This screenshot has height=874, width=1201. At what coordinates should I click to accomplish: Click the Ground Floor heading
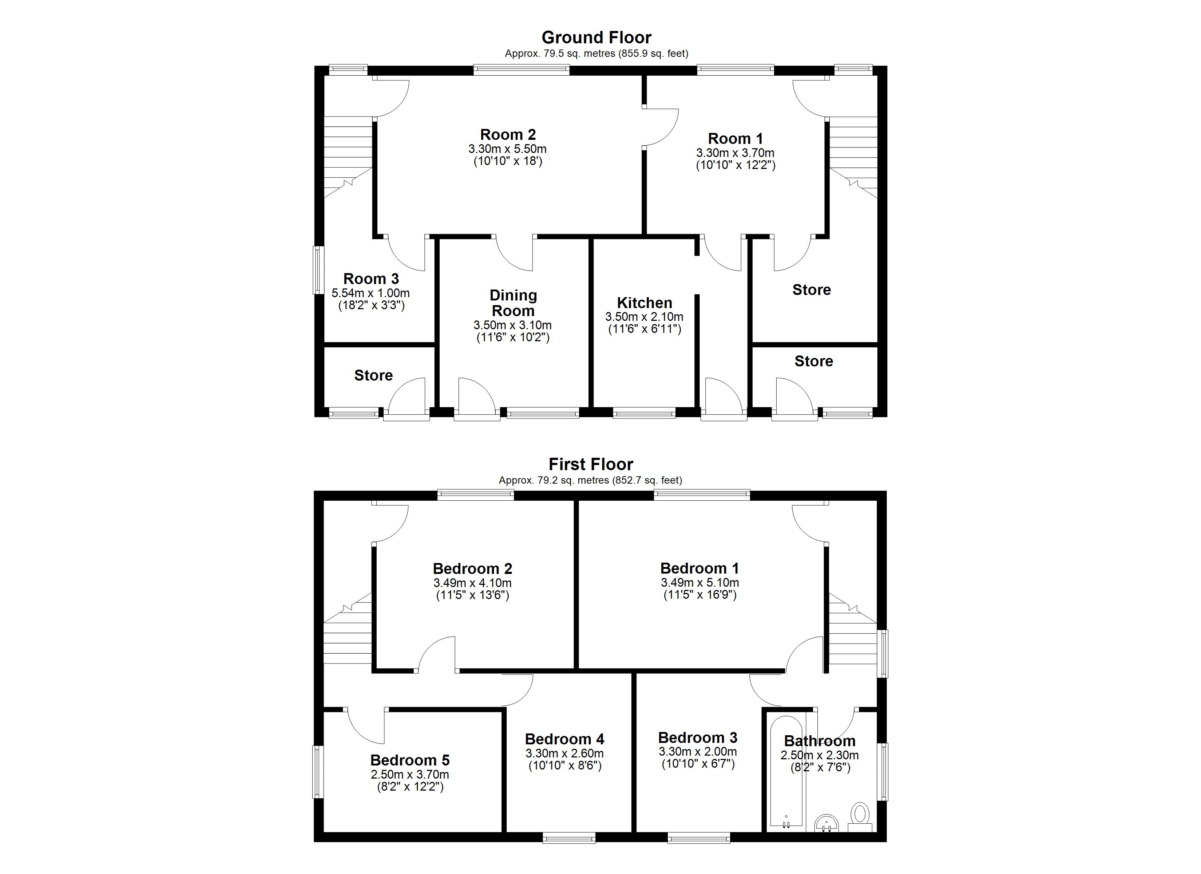(596, 38)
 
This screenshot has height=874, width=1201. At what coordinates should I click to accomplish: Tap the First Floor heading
(590, 464)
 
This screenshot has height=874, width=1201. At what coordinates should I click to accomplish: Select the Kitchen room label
(645, 303)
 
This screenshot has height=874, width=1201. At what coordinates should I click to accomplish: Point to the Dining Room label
(513, 303)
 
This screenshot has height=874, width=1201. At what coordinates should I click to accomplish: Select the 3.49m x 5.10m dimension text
(700, 583)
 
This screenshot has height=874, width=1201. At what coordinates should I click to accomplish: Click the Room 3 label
(371, 279)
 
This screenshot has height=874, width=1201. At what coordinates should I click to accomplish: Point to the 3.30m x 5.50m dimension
(507, 149)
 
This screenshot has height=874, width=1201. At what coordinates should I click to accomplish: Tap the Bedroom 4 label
(564, 739)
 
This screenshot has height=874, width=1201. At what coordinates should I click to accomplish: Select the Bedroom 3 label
(698, 738)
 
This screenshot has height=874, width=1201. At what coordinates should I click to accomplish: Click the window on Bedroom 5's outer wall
(318, 772)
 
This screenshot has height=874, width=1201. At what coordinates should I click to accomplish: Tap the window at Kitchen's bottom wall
(644, 413)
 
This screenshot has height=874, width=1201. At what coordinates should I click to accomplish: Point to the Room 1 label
(736, 139)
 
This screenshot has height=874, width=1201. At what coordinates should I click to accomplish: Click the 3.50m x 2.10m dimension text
(645, 317)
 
